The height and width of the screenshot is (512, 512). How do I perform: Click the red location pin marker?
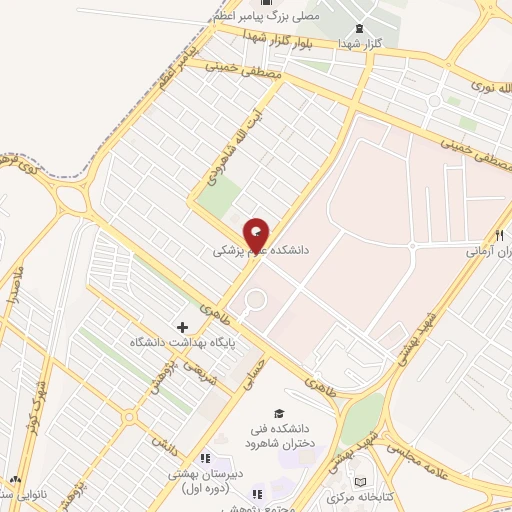pos(257,233)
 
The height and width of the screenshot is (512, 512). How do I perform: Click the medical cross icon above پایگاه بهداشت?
pos(182,327)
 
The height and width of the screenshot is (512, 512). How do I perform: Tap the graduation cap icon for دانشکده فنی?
pos(279,414)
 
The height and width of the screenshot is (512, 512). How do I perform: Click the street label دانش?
pos(163,439)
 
